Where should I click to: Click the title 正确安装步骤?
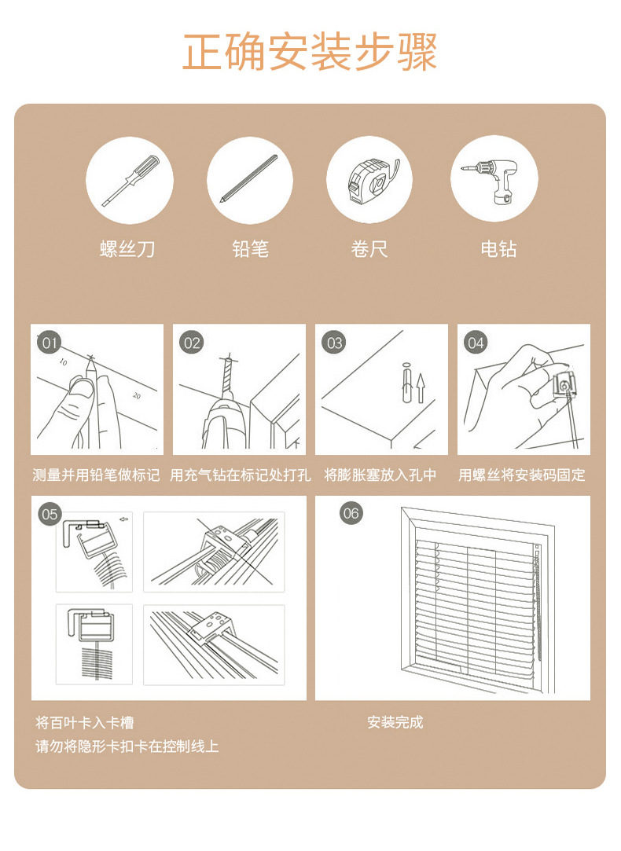(x=310, y=52)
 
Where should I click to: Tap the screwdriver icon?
(x=130, y=180)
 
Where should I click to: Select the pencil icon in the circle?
(x=250, y=180)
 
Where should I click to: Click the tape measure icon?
(x=369, y=180)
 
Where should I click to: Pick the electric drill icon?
(x=494, y=180)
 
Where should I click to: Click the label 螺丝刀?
(x=127, y=250)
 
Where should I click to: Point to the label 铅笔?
(x=250, y=250)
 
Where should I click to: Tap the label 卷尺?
(x=369, y=250)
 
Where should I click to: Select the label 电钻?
(x=498, y=250)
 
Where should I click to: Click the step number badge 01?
(x=50, y=343)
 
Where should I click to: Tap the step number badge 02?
(x=192, y=343)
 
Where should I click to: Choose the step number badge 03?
(x=335, y=343)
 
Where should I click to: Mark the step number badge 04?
(x=476, y=343)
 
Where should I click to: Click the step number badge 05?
(x=50, y=514)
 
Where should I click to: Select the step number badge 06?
(x=351, y=514)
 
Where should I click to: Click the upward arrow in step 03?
(x=421, y=388)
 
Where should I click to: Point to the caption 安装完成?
(x=395, y=722)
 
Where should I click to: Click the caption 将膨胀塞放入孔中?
(x=380, y=475)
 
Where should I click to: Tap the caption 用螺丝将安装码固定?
(x=522, y=475)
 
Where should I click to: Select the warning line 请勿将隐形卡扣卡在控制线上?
(x=127, y=746)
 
